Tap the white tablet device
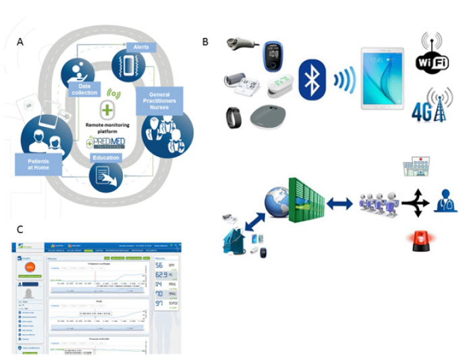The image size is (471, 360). pyautogui.click(x=382, y=80)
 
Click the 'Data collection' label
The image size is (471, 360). pyautogui.click(x=85, y=88)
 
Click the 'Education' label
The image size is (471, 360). pyautogui.click(x=107, y=157)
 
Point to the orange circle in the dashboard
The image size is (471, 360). pyautogui.click(x=29, y=267)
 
